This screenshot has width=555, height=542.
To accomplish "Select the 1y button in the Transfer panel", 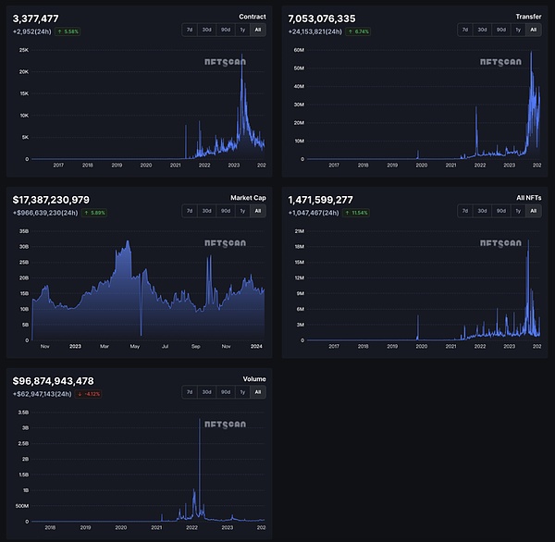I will pos(518,30).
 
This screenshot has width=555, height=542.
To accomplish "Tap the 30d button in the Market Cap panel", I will pos(207,211).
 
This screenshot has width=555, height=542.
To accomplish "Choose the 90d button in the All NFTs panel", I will pos(501,211).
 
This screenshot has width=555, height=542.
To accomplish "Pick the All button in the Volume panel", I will pos(257,392).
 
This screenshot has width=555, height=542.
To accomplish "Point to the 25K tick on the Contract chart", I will pos(24,49).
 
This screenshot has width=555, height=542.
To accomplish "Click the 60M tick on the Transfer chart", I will pos(299,49).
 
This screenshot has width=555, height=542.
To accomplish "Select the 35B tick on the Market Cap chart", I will pos(24,231).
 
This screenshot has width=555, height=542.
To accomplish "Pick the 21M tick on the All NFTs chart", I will pos(299,231).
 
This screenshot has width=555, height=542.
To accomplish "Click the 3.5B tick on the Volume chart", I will pos(24,413).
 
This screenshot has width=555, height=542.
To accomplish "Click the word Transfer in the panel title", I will pos(529,17).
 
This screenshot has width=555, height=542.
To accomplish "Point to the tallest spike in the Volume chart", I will pos(200,421).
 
